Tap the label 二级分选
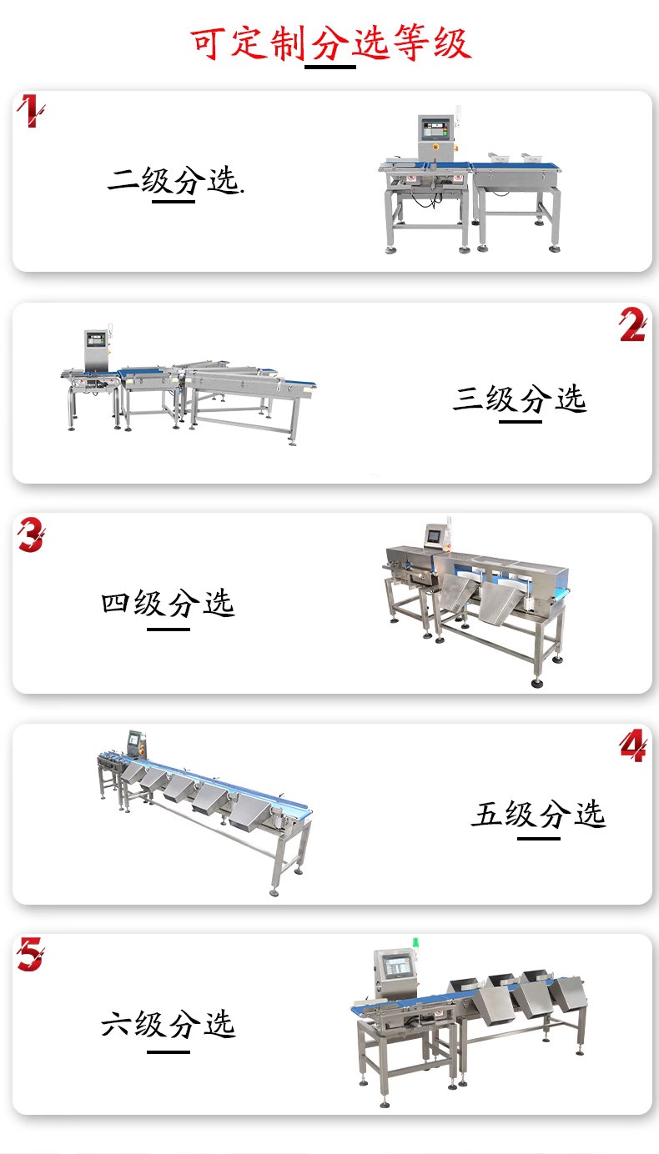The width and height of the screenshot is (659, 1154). (175, 180)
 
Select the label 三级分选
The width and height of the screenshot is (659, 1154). (520, 399)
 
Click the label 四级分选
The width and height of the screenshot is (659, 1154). (168, 604)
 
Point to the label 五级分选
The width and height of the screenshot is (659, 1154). (538, 814)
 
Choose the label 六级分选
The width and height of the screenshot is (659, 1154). (168, 1024)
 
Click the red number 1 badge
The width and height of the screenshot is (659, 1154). (31, 110)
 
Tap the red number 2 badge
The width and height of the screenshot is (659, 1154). (632, 324)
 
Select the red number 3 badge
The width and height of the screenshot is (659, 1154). (31, 534)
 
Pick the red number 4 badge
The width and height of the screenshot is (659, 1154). (632, 745)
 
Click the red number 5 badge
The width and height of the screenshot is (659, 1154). (31, 954)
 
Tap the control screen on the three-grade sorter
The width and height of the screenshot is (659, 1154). (95, 339)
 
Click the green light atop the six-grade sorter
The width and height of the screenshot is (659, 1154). (415, 942)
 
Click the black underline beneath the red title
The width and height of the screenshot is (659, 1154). (330, 67)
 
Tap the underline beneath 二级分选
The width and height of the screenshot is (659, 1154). (174, 201)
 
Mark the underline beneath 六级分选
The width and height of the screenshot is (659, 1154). (169, 1051)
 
